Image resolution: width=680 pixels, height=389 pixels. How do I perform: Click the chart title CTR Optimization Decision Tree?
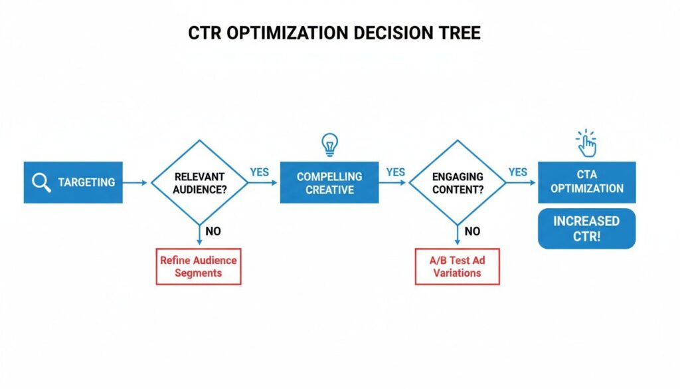point(334,34)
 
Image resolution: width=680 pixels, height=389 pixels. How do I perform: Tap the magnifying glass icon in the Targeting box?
point(41,182)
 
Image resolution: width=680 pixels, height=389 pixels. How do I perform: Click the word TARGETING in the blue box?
point(86,182)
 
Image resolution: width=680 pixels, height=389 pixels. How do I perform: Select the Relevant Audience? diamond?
point(199,182)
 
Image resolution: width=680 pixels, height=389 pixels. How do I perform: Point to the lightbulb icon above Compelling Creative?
point(329,144)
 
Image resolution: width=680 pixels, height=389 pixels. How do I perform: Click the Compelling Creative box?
point(329,182)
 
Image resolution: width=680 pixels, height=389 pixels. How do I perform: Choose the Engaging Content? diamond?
point(458,182)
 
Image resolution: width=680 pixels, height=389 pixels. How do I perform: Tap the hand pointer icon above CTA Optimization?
point(586,143)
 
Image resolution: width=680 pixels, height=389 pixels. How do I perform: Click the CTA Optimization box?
point(586,182)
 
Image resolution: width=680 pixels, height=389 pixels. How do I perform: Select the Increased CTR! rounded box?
point(586,229)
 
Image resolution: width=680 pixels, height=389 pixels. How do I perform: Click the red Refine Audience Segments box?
point(199,267)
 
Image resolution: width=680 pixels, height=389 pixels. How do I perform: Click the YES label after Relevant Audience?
point(259,172)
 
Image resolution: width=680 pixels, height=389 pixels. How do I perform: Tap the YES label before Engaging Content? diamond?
point(395,172)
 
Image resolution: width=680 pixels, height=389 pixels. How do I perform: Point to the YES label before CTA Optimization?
point(518,172)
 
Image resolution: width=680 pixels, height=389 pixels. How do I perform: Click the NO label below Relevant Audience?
point(213,232)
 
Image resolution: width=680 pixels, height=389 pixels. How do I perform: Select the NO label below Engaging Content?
point(472,232)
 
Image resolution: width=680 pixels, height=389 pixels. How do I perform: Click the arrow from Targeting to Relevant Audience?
point(135,182)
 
